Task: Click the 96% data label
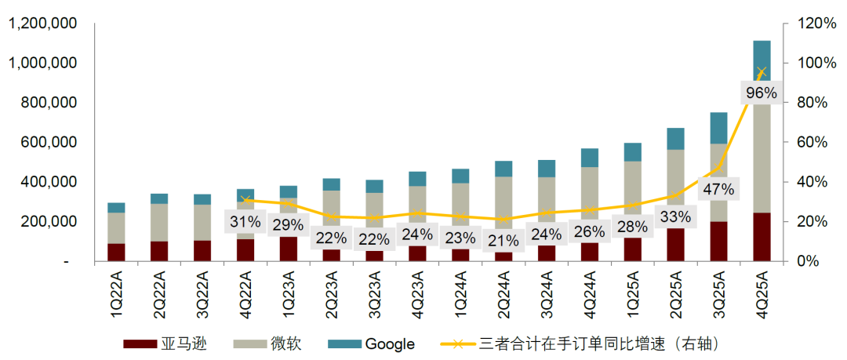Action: tap(761, 93)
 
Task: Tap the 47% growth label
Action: tap(718, 189)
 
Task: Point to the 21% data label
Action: tap(503, 239)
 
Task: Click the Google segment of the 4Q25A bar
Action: tap(762, 58)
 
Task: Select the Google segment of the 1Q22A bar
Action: tap(116, 207)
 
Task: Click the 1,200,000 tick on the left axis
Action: tap(42, 24)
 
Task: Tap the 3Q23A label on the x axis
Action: tap(373, 294)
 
